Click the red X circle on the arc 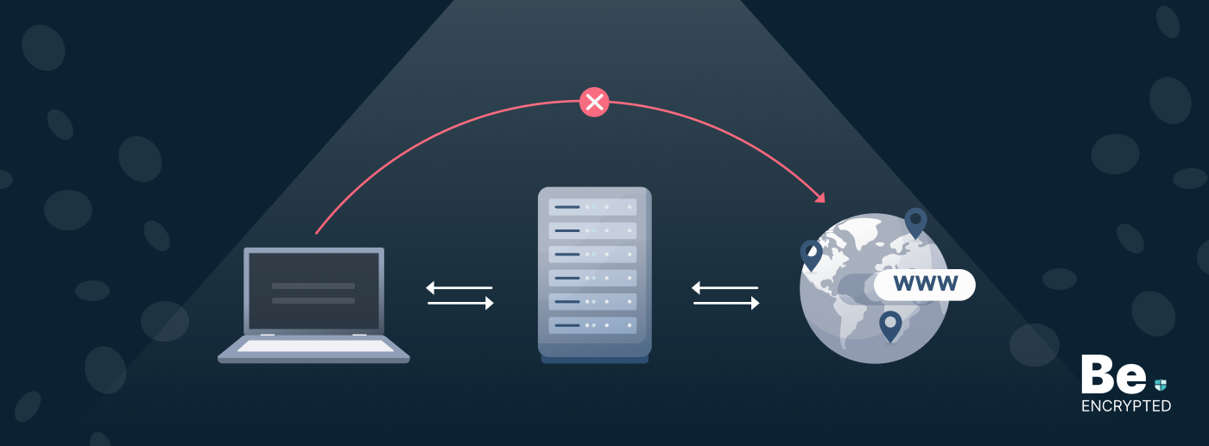click(x=594, y=102)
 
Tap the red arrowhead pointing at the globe click(x=819, y=197)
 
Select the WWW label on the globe click(x=925, y=284)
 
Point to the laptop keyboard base click(x=313, y=348)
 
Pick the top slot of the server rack click(x=593, y=208)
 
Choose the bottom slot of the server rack click(x=593, y=325)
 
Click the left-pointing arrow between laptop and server click(x=459, y=287)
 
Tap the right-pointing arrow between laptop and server click(x=460, y=303)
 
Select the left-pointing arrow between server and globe click(x=725, y=287)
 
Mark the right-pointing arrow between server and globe click(x=726, y=303)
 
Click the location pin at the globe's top click(x=915, y=222)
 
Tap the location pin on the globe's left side click(x=811, y=254)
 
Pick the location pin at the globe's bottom click(x=890, y=325)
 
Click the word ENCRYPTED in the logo click(x=1126, y=406)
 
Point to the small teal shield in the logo click(x=1161, y=385)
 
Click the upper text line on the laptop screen click(x=313, y=286)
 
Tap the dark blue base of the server click(x=594, y=356)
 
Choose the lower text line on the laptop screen click(x=313, y=300)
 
